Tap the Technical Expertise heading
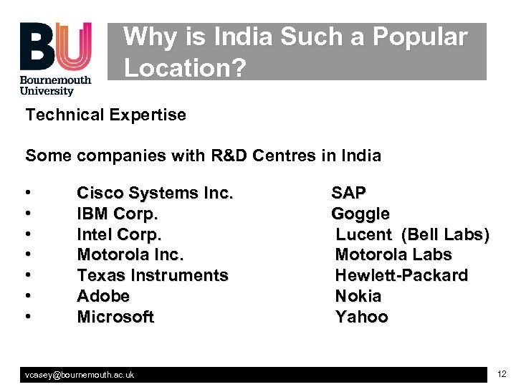coord(106,115)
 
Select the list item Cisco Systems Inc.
coord(156,193)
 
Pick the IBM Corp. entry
coord(118,214)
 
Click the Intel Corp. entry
coord(120,234)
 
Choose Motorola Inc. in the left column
coord(130,254)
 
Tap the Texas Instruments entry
coord(153,275)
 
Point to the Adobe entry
coord(103,296)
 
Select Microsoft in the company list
coord(115,317)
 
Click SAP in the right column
coord(348,193)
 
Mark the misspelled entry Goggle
coord(360,214)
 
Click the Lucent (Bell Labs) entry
coord(413,234)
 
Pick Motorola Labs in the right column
coord(393,254)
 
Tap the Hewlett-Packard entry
coord(401,275)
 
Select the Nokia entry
coord(358,296)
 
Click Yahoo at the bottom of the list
coord(362,317)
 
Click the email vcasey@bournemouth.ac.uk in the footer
coord(80,375)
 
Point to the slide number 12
coord(501,374)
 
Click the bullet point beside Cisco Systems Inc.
coord(27,193)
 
